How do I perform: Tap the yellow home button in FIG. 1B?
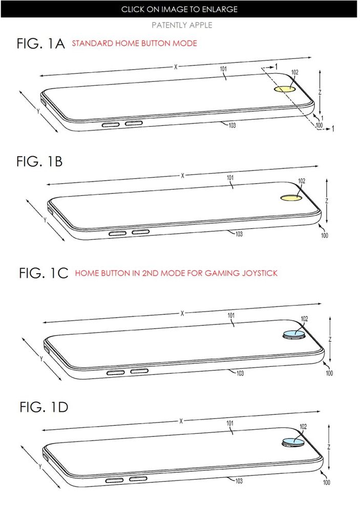[x=290, y=197]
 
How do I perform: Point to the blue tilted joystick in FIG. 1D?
[x=292, y=442]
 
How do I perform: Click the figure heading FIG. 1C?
[x=44, y=273]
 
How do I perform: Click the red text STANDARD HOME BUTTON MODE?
[x=134, y=43]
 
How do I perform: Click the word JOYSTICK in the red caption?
[x=257, y=273]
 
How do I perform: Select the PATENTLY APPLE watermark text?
[x=182, y=25]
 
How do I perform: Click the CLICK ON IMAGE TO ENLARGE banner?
[x=179, y=9]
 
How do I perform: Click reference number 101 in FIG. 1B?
[x=230, y=178]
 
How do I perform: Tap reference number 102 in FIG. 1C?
[x=304, y=319]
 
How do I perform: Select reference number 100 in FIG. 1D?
[x=326, y=482]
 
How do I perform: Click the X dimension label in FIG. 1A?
[x=175, y=67]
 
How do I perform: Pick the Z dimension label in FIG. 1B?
[x=326, y=201]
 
